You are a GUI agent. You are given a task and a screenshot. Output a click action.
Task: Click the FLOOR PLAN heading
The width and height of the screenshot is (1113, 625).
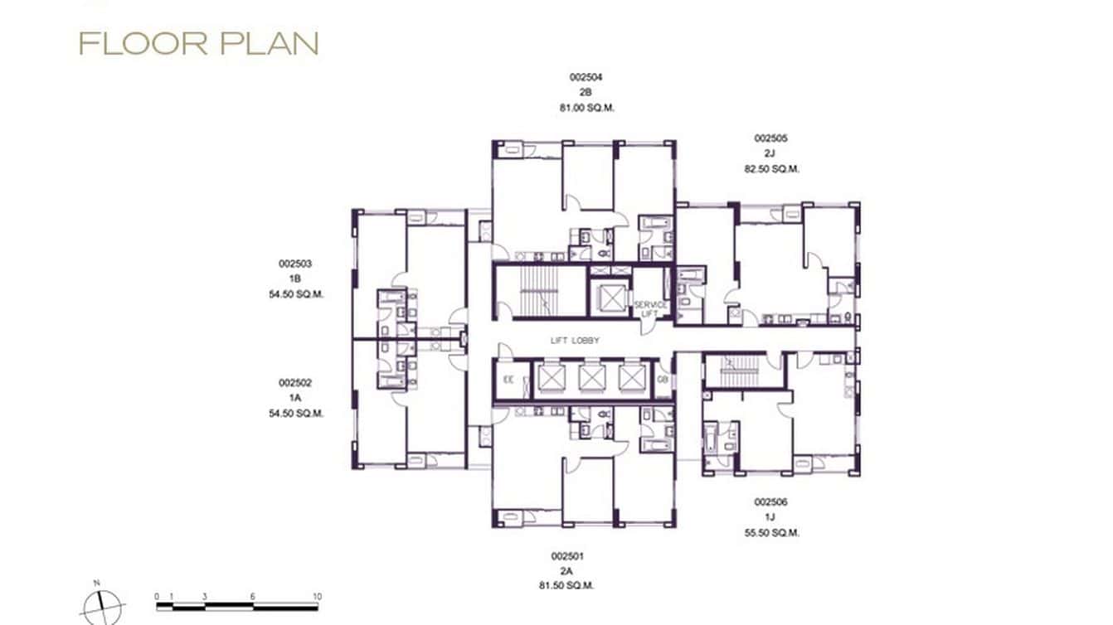198,44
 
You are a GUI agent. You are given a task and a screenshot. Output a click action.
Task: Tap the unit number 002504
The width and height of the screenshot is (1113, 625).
586,77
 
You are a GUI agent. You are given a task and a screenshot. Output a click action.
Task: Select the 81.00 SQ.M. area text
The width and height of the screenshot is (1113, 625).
586,108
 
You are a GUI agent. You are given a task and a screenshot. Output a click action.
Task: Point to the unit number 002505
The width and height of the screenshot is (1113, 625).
770,138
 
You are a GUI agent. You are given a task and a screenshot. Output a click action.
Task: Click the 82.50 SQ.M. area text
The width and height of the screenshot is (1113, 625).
770,169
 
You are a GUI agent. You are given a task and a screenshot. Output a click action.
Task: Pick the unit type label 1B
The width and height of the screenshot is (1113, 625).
295,279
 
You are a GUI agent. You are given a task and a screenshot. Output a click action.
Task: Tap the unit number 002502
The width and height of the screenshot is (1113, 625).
295,383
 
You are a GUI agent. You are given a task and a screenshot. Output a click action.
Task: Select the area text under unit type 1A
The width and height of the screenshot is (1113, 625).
295,413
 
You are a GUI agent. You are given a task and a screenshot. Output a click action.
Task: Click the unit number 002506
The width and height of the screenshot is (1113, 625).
770,502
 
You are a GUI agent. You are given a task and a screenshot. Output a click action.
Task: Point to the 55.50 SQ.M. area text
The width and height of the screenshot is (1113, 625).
770,533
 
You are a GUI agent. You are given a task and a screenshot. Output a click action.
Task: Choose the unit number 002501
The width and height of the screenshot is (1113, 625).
566,555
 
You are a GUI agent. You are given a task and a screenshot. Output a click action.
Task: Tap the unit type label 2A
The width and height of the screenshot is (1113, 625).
566,570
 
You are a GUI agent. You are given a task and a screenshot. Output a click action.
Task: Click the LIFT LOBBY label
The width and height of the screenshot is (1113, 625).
575,341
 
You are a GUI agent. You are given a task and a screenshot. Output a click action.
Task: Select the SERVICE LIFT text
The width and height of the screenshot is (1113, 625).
650,309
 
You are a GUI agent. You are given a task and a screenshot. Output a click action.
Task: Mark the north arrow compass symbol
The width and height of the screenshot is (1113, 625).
103,605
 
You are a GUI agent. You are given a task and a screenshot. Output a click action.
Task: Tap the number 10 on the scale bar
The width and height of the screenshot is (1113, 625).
317,597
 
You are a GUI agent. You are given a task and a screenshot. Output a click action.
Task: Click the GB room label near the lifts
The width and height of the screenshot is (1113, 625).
663,380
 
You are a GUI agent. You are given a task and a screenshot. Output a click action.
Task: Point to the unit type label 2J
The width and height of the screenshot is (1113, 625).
770,154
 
